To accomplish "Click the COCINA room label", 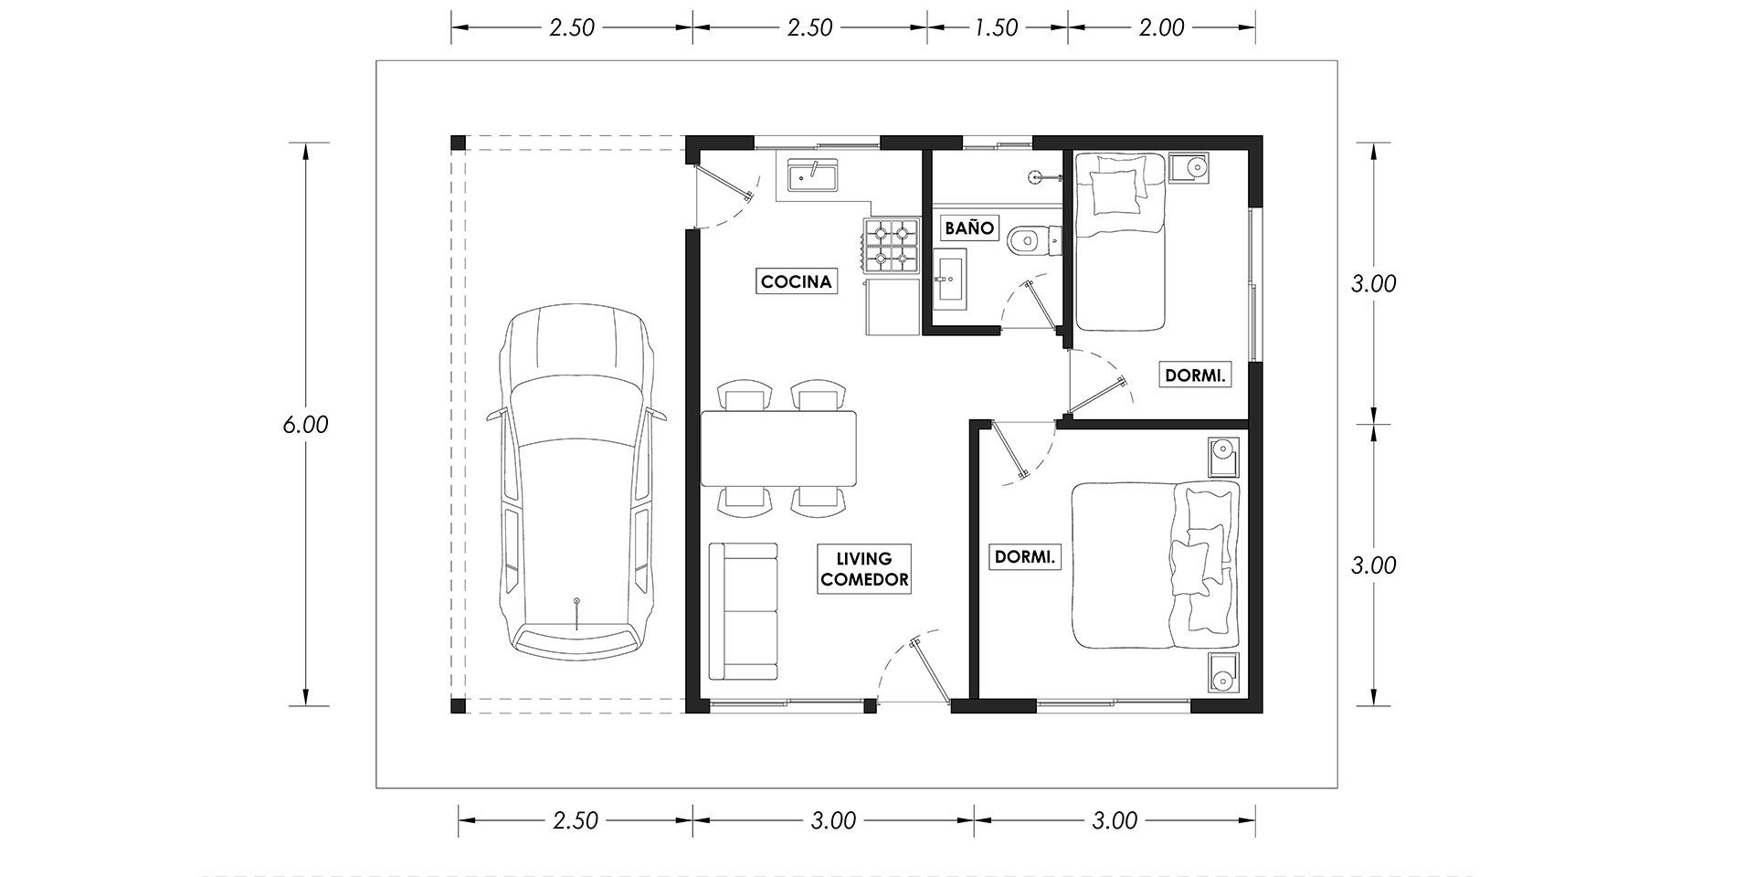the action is click(797, 281).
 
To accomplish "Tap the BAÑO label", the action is click(968, 227).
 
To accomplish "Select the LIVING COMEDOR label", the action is click(864, 568).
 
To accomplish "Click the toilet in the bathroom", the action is click(1032, 242).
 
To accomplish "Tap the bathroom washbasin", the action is click(951, 278).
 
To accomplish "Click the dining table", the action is click(779, 449).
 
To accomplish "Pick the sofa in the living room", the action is click(744, 611).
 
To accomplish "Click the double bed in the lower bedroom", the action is click(1156, 566).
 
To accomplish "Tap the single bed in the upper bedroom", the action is click(1120, 241).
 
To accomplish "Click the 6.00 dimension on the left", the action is click(305, 425).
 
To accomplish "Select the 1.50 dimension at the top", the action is click(996, 28).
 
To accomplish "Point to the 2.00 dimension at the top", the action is click(1161, 28).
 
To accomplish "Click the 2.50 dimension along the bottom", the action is click(576, 820).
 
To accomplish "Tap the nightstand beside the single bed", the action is click(1189, 167).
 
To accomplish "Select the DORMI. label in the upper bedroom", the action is click(1194, 375).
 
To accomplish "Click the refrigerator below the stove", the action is click(892, 306).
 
